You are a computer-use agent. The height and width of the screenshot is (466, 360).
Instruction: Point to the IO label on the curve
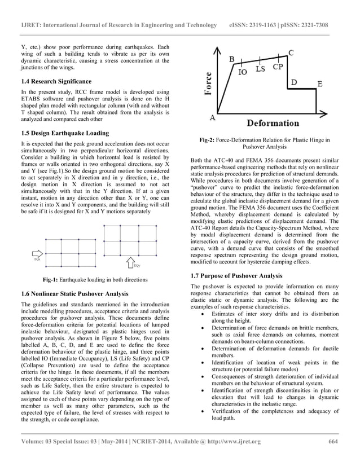(x=242, y=72)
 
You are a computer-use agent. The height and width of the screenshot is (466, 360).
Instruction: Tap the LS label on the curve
(x=260, y=69)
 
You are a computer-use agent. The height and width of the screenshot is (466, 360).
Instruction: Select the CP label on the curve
(x=278, y=67)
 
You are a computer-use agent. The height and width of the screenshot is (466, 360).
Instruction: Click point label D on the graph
(x=294, y=82)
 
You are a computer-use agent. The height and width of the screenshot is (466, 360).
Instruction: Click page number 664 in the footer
(x=332, y=441)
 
